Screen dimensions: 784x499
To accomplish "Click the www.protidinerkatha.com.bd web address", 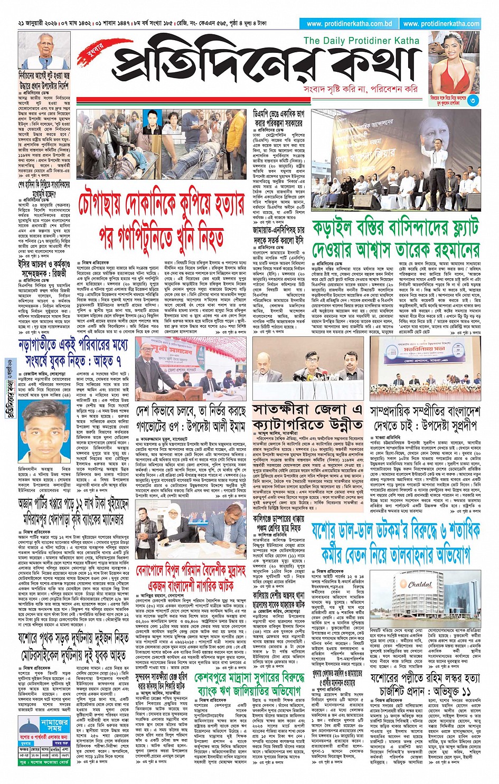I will [349, 24].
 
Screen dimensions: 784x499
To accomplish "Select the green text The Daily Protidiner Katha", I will [361, 41].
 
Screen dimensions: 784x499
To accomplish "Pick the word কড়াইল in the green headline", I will [352, 230].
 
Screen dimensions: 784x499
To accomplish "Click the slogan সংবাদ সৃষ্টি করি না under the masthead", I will [335, 89].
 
